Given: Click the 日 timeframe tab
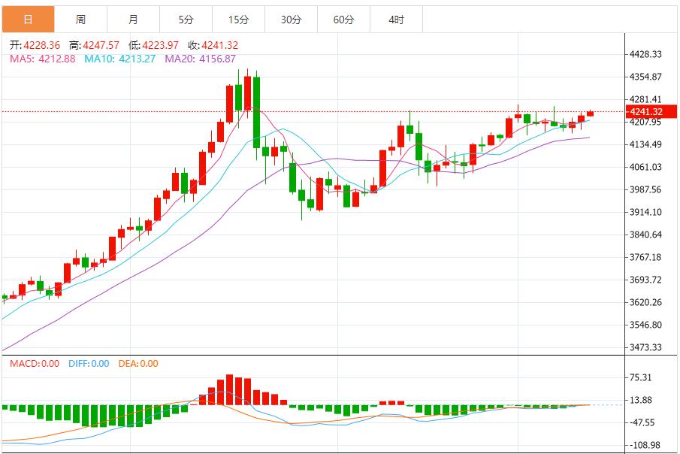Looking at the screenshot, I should tap(28, 20).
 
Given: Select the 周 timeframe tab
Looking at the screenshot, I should tap(80, 20).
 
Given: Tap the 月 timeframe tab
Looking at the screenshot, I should tap(133, 20).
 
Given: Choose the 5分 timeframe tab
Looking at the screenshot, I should tap(186, 20).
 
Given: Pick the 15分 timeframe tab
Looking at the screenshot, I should tap(238, 20).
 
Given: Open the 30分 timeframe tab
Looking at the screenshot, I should tap(291, 20).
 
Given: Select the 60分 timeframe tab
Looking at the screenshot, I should tap(343, 20).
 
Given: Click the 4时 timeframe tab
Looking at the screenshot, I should tap(396, 20).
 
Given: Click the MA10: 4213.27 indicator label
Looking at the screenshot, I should tap(119, 59).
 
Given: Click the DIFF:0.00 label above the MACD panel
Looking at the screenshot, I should tap(89, 364).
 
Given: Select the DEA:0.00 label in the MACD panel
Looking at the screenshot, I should tap(139, 364).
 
